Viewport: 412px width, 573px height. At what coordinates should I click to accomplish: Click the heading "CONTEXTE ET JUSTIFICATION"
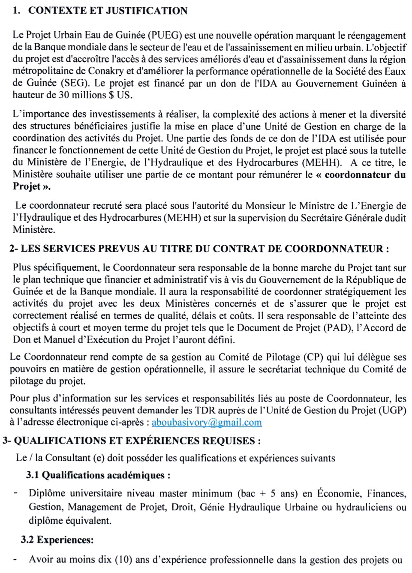tap(108, 11)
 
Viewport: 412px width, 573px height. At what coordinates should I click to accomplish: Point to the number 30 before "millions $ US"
tap(64, 95)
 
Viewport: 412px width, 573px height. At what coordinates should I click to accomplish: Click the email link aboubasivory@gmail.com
tap(207, 423)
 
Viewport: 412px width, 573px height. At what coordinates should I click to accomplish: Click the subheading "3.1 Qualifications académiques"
tap(98, 475)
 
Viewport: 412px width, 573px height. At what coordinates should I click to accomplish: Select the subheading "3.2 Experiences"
tap(57, 540)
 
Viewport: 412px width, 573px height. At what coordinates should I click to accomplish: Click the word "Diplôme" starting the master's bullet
tap(47, 494)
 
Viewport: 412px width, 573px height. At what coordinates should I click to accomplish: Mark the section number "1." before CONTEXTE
tap(17, 11)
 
